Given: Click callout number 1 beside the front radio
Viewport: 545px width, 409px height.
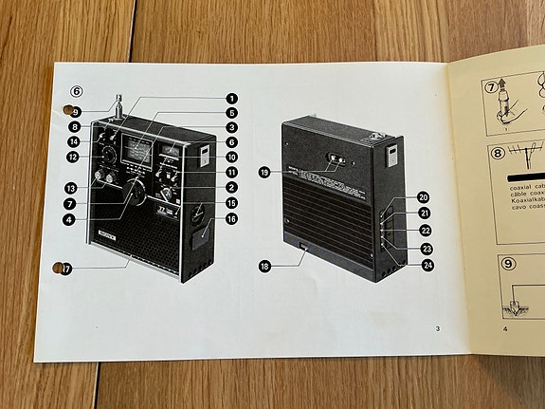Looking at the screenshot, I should pyautogui.click(x=230, y=98).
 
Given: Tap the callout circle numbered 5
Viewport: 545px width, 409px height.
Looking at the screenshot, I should pyautogui.click(x=230, y=113).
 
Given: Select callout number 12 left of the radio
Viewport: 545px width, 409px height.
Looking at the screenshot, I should pyautogui.click(x=73, y=156).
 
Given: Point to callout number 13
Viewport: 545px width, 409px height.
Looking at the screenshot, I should pyautogui.click(x=70, y=187).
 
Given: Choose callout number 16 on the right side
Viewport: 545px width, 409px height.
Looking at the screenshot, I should pyautogui.click(x=230, y=218).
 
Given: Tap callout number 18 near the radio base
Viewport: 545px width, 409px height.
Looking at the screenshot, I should pyautogui.click(x=264, y=267).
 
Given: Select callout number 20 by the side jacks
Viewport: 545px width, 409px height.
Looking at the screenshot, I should pyautogui.click(x=423, y=198).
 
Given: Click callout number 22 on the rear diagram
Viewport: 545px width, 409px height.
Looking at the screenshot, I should pyautogui.click(x=426, y=231).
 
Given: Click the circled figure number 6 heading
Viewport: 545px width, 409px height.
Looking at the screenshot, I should pyautogui.click(x=77, y=92).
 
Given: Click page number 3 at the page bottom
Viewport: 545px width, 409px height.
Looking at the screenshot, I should pyautogui.click(x=438, y=329).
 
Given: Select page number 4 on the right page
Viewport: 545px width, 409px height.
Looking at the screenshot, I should pyautogui.click(x=505, y=329).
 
